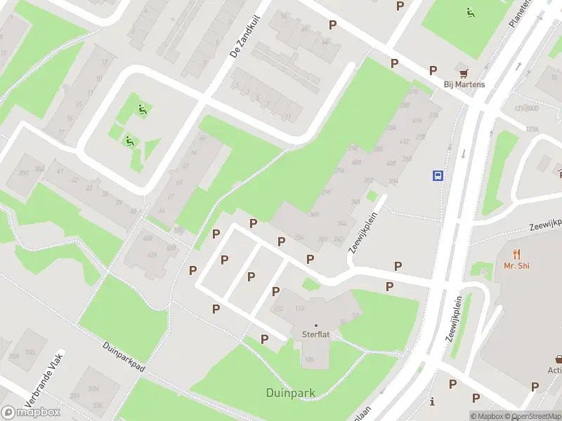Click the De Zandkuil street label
coord(244,38)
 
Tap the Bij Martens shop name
coord(464,85)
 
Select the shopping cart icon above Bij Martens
coord(463,72)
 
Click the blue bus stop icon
coord(438,175)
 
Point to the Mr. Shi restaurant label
coord(516,265)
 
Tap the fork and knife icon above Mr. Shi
coord(517,253)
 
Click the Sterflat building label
coord(315,335)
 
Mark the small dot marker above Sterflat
coord(315,325)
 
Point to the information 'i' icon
coord(432,402)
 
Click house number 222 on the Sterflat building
coord(278,309)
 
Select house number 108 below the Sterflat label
coord(310,361)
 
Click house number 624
coord(151,255)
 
